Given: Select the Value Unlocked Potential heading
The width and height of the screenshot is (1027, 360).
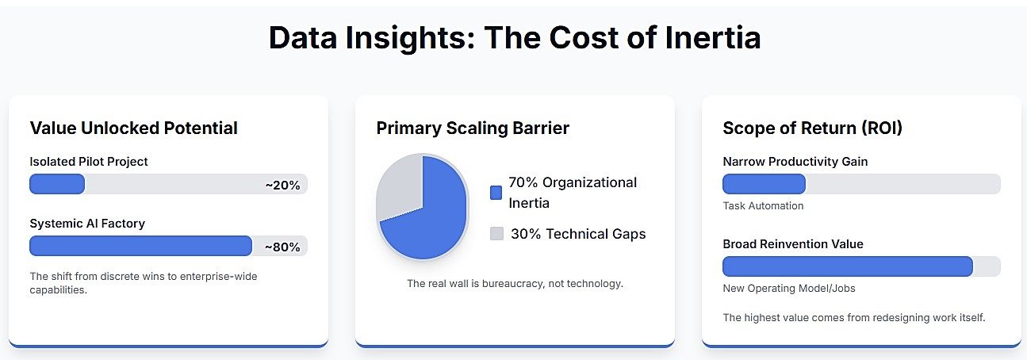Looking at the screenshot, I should click(133, 128).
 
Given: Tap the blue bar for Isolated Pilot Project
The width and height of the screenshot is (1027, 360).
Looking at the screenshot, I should click(57, 184).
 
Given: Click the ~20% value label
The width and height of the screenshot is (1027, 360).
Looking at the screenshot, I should click(282, 185).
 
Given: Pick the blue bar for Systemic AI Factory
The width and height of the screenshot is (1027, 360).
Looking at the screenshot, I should click(140, 246).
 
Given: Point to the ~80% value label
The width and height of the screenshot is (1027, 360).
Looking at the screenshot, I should click(282, 247).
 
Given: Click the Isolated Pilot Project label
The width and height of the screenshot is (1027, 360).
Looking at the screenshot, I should click(89, 162).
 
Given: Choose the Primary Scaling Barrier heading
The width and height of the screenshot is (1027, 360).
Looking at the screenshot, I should click(473, 128).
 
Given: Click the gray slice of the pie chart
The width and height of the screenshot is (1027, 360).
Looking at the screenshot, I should click(398, 190).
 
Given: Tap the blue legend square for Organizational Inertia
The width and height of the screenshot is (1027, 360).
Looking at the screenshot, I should click(496, 193).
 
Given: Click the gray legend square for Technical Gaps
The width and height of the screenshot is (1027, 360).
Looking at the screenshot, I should click(496, 234).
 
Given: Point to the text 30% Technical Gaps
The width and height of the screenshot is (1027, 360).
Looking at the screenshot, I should click(577, 234).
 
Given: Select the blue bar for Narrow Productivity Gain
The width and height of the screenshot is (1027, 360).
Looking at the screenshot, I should click(764, 184).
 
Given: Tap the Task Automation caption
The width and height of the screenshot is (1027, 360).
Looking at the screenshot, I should click(763, 206).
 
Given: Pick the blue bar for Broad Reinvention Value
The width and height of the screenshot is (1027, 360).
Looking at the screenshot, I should click(847, 266).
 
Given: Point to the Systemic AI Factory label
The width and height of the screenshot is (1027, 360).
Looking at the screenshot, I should click(87, 224).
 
